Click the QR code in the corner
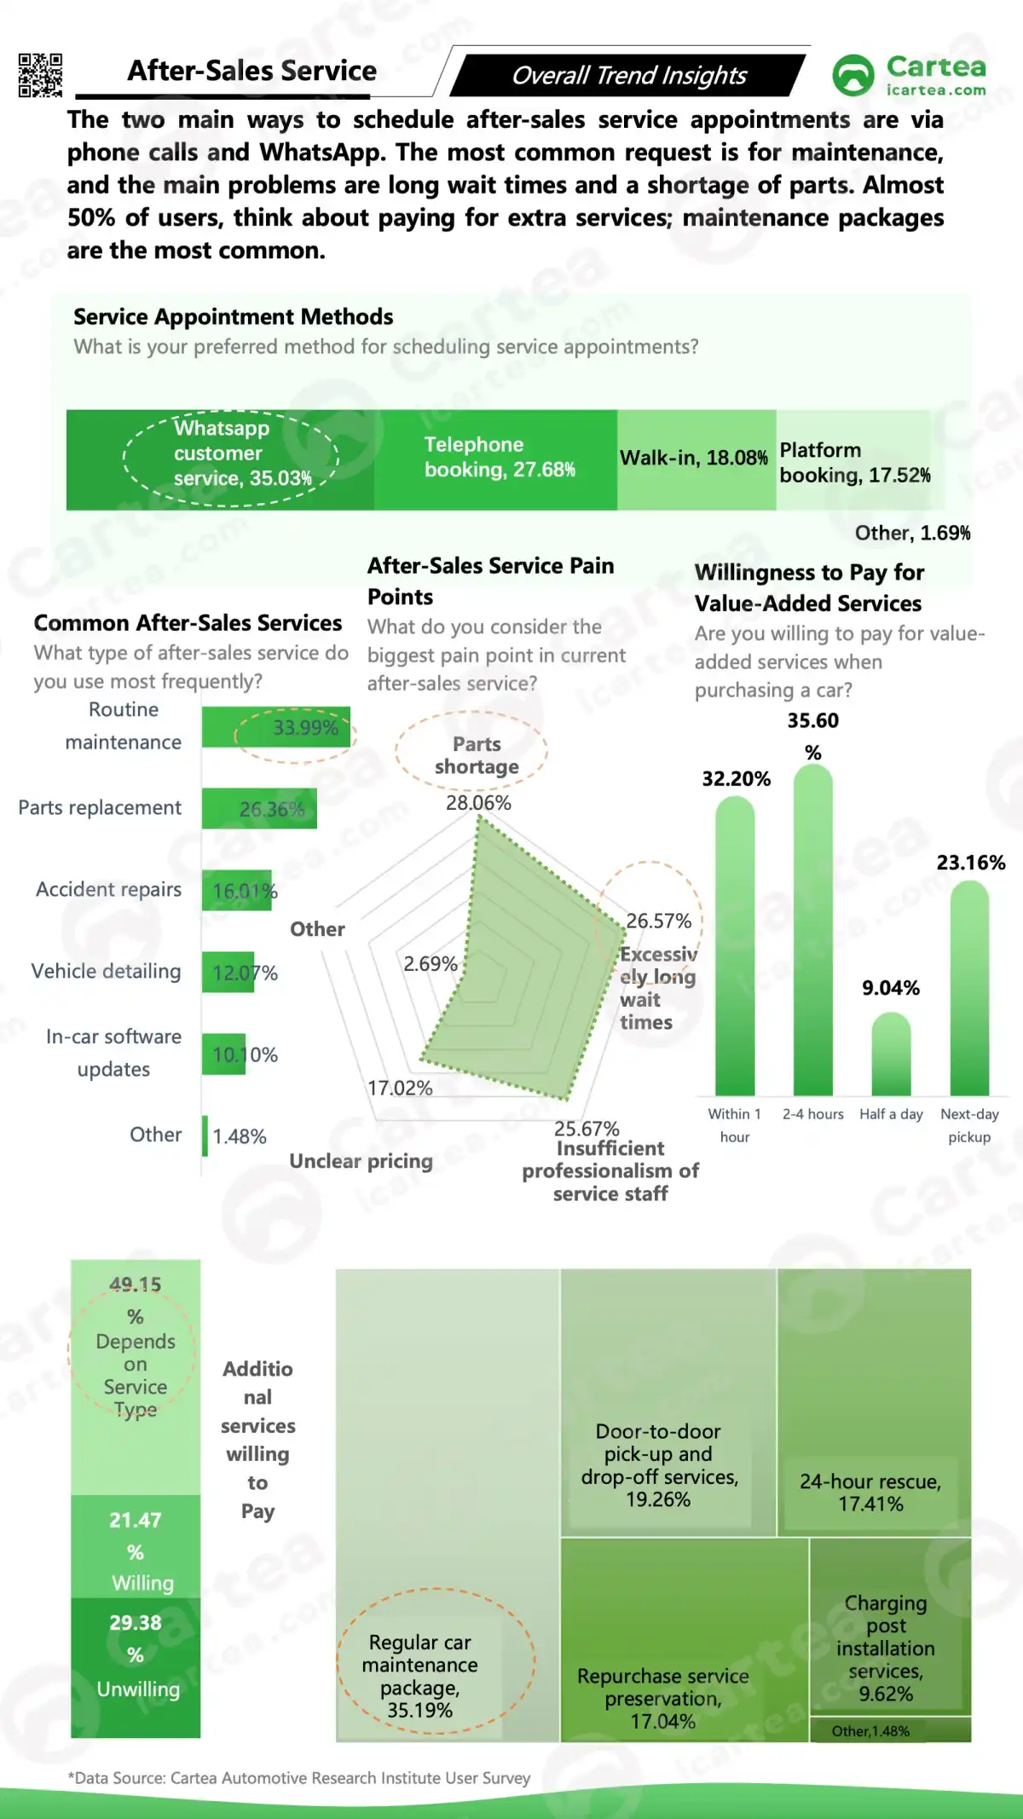pyautogui.click(x=40, y=75)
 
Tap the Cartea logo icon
pyautogui.click(x=852, y=75)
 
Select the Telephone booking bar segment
pyautogui.click(x=495, y=459)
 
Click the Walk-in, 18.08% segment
pyautogui.click(x=696, y=459)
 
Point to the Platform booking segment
pyautogui.click(x=853, y=461)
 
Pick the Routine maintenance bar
pyautogui.click(x=275, y=727)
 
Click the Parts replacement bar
pyautogui.click(x=259, y=808)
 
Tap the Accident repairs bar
pyautogui.click(x=236, y=891)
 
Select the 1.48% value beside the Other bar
pyautogui.click(x=240, y=1136)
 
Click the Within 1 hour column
pyautogui.click(x=734, y=946)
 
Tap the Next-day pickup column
pyautogui.click(x=969, y=989)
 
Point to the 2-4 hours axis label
pyautogui.click(x=812, y=1114)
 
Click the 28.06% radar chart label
pyautogui.click(x=478, y=803)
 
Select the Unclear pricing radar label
pyautogui.click(x=361, y=1161)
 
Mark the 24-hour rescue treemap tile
pyautogui.click(x=874, y=1402)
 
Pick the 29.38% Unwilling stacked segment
pyautogui.click(x=136, y=1666)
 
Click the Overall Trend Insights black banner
pyautogui.click(x=628, y=75)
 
